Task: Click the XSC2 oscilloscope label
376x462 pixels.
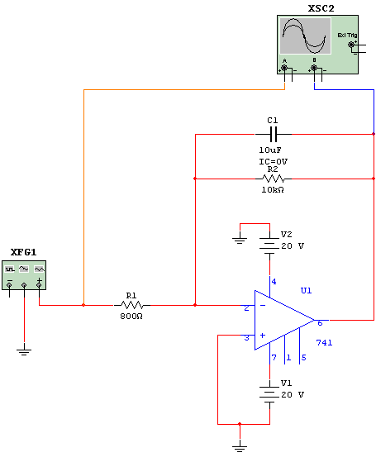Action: (321, 8)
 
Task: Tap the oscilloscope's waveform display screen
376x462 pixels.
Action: (305, 36)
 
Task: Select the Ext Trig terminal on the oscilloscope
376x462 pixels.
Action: (351, 45)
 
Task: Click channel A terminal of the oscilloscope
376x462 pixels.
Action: (284, 69)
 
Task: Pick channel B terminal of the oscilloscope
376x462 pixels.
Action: (314, 69)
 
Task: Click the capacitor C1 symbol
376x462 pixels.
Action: (274, 135)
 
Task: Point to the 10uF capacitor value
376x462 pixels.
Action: (270, 150)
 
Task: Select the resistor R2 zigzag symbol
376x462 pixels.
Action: (274, 179)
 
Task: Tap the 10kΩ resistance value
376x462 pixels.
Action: (273, 190)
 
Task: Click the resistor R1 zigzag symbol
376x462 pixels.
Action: (132, 305)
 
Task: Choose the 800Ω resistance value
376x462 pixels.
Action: (131, 317)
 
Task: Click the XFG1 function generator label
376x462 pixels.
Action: (24, 252)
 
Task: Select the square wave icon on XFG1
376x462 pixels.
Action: (9, 269)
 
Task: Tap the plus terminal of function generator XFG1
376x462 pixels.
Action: (39, 284)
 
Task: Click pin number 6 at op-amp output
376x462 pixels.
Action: (320, 323)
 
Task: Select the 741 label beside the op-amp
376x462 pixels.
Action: (324, 343)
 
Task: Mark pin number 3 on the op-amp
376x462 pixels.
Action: (246, 338)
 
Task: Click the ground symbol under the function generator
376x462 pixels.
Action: (24, 351)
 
